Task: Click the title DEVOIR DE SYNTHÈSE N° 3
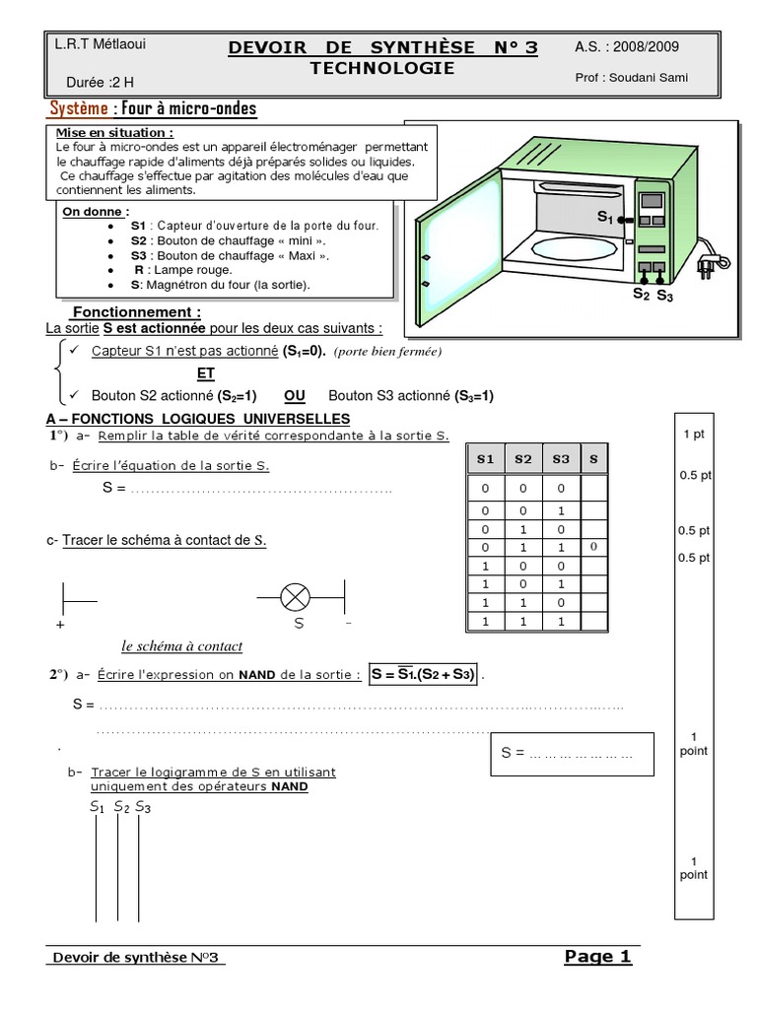pyautogui.click(x=382, y=48)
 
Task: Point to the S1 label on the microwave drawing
pyautogui.click(x=604, y=216)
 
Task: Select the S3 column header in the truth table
pyautogui.click(x=560, y=459)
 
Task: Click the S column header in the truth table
pyautogui.click(x=593, y=459)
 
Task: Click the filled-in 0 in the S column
pyautogui.click(x=593, y=546)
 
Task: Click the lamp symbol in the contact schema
pyautogui.click(x=296, y=596)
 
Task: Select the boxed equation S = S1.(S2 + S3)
pyautogui.click(x=424, y=675)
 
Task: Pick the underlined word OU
pyautogui.click(x=294, y=395)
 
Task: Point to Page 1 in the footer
pyautogui.click(x=597, y=956)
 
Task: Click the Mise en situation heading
pyautogui.click(x=115, y=132)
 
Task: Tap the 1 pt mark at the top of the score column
pyautogui.click(x=693, y=434)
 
